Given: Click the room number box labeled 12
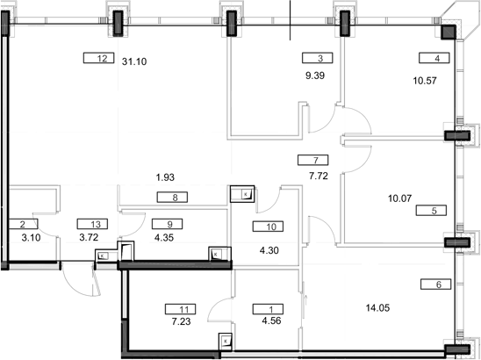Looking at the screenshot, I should (103, 59).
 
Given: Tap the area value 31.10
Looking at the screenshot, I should (134, 61).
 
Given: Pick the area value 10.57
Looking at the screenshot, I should (424, 80).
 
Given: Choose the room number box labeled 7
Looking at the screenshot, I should (313, 160).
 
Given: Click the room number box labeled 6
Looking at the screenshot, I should (436, 284).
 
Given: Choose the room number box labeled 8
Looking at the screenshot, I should (175, 198).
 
